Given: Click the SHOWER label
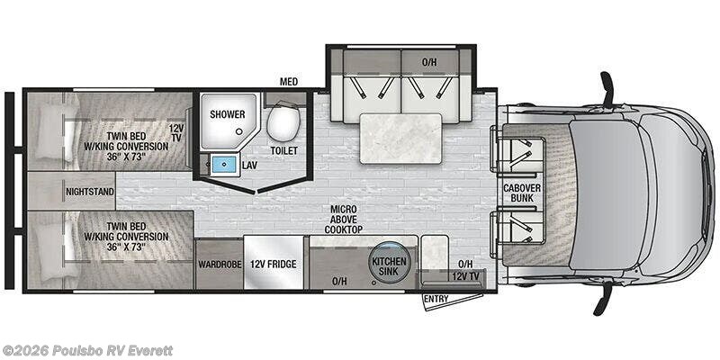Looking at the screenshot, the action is coord(228,114).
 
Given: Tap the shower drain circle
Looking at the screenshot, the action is coord(238,131).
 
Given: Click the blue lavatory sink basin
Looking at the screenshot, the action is coord(224,164).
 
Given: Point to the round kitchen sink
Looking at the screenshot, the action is coord(389,265).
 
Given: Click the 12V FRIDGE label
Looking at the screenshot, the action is coord(274,265).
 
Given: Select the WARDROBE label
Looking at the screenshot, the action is coord(220,265).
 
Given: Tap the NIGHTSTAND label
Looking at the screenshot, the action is coord(89,192).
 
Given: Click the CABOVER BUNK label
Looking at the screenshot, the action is coord(521,193).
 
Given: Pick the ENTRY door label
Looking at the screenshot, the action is coord(436,299).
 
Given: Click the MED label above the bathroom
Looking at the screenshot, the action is coord(289,82).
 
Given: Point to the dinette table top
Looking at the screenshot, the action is coord(400,139).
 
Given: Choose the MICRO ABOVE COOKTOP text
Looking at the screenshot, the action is coord(344,220).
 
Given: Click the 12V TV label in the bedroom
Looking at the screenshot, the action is coord(175,132).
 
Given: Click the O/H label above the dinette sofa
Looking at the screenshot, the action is coord(428,62).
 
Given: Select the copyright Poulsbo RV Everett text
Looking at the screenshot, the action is coord(86,351).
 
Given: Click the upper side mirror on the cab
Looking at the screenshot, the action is coord(606,89).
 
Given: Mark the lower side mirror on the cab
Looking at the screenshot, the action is coord(604,298).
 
